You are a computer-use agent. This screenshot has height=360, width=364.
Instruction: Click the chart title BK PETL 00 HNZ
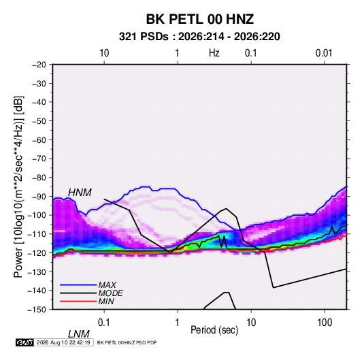coord(199,19)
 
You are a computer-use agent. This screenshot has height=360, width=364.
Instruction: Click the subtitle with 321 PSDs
coord(199,37)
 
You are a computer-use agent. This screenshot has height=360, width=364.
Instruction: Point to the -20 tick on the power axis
coord(39,65)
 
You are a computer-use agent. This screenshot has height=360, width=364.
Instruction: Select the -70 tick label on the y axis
coord(39,159)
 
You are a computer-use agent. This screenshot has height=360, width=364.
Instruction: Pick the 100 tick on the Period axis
coord(325,323)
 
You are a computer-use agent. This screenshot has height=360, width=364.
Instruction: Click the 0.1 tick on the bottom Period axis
coord(104,323)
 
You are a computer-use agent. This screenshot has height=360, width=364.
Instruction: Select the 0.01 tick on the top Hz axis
coord(324,53)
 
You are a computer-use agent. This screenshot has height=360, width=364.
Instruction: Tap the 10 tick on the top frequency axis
coord(104,53)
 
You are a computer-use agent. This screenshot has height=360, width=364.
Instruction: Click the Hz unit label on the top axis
coord(214,53)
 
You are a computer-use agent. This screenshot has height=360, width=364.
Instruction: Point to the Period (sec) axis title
coord(214,330)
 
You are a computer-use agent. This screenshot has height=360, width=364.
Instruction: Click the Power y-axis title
coord(18,186)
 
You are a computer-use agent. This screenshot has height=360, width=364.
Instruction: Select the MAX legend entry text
coord(107,284)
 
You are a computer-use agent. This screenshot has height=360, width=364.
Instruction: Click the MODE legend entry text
coord(110,293)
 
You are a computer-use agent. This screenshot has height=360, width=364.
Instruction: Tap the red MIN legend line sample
coord(78,301)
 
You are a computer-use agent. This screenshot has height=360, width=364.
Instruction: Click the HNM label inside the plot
coord(80,193)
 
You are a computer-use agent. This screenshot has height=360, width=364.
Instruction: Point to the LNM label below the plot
coord(79,334)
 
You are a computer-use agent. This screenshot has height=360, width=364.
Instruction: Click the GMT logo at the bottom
coord(24,342)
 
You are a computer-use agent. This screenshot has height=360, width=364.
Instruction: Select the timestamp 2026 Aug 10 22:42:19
coord(63,342)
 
